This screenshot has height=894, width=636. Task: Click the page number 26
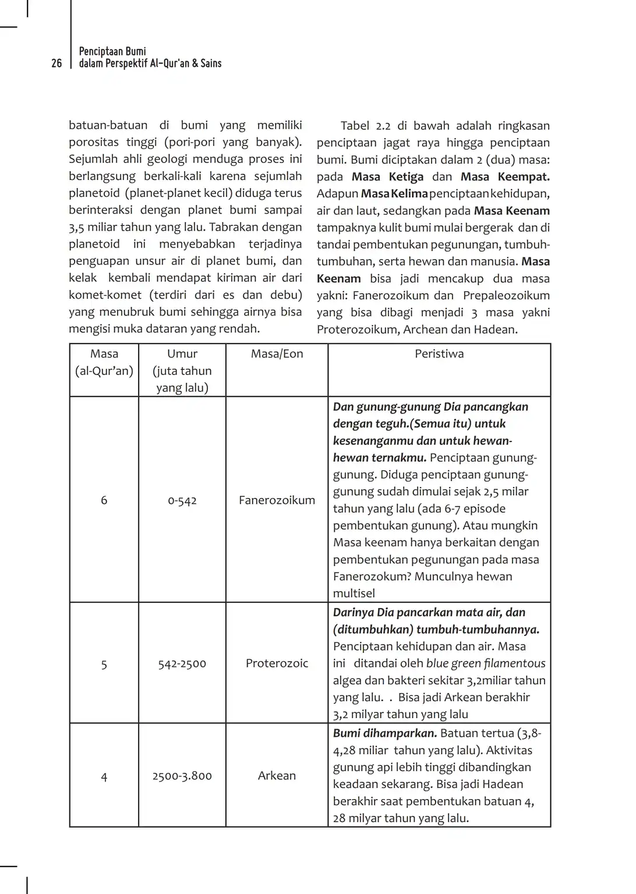tap(56, 63)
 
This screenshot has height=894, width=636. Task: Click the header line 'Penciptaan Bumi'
tap(112, 51)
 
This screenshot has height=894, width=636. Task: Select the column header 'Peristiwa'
tap(439, 354)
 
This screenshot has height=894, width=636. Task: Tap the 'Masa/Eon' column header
tap(277, 354)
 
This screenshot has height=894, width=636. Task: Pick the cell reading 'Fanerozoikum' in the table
tap(277, 500)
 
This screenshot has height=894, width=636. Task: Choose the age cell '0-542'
tap(182, 500)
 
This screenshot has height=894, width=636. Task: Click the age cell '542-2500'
tap(182, 663)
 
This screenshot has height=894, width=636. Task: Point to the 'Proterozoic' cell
tap(277, 663)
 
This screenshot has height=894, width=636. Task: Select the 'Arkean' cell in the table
tap(277, 775)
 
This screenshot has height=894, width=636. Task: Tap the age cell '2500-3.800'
tap(182, 776)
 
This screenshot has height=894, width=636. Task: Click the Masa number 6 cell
tap(104, 500)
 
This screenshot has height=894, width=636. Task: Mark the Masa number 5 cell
tap(104, 664)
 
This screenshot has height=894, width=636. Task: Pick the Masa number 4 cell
tap(104, 776)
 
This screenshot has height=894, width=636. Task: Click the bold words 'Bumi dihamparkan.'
tap(385, 733)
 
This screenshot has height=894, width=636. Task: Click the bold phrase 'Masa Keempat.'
tap(505, 177)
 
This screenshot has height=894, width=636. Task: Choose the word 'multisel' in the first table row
tap(354, 593)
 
